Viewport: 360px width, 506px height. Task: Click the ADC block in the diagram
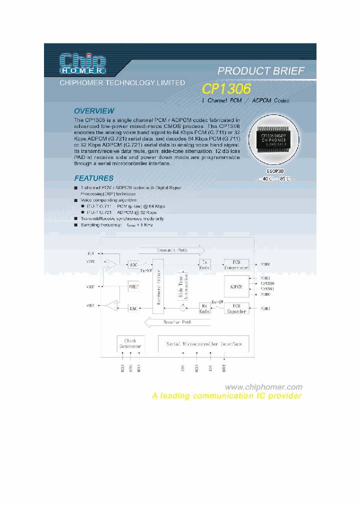(133, 264)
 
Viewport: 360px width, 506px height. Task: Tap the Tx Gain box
(204, 264)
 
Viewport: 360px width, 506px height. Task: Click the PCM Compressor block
(236, 264)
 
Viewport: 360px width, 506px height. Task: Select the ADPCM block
(236, 287)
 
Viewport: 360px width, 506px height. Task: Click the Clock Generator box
(130, 343)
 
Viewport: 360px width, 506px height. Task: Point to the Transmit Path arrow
(172, 250)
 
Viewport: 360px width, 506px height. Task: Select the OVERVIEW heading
(94, 111)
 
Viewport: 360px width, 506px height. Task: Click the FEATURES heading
(93, 178)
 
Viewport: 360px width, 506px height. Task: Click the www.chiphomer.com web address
(263, 387)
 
